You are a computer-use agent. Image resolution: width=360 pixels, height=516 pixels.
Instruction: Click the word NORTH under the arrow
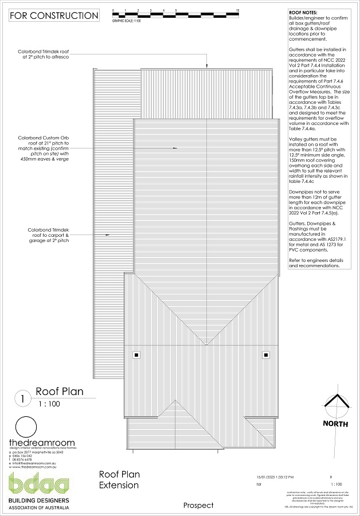coord(335,424)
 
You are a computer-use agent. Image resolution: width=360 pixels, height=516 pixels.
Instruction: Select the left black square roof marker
coord(136,355)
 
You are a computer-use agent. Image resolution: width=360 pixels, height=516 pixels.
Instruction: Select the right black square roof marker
coord(266,355)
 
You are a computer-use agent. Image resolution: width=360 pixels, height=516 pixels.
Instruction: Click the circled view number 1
coord(23,398)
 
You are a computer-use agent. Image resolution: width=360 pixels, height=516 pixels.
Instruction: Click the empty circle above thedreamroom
coord(25,427)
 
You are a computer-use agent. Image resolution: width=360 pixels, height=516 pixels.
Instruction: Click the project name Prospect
coord(198,505)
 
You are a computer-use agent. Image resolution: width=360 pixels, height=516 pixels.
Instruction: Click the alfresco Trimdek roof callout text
coord(53,54)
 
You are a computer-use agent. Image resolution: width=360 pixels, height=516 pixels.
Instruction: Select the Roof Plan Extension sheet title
coord(119,480)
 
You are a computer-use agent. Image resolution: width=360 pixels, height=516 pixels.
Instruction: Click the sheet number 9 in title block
coord(331,477)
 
